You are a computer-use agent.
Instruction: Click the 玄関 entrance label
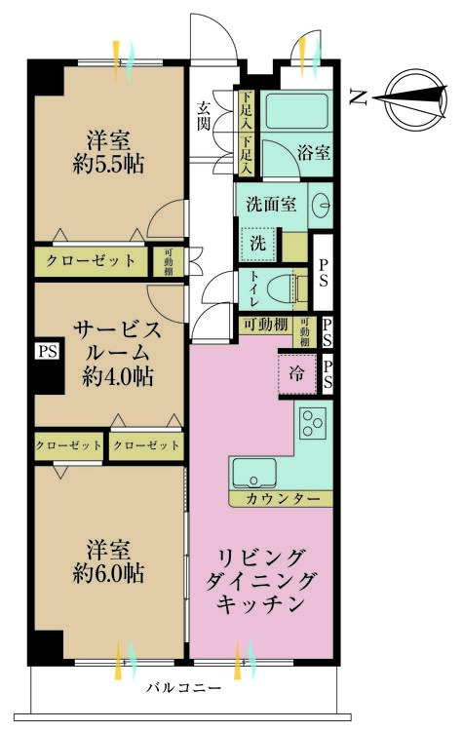coord(204,115)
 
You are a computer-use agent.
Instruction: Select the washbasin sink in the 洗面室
coord(321,204)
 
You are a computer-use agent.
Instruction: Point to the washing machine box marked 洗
coord(257,244)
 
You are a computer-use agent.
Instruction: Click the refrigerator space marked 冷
coord(296,373)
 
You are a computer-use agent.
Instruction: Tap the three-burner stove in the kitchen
coord(312,423)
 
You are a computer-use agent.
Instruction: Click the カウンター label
coord(283,499)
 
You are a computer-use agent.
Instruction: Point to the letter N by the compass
coord(359,96)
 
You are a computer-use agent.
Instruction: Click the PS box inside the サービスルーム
coord(48,351)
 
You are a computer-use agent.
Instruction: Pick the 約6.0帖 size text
coord(108,573)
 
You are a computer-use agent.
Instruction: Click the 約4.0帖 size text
coord(118,376)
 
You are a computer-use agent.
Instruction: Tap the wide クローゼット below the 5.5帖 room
coord(90,260)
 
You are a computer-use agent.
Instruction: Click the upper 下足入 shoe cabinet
coord(246,111)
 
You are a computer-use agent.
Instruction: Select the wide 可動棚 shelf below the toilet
coord(266,325)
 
